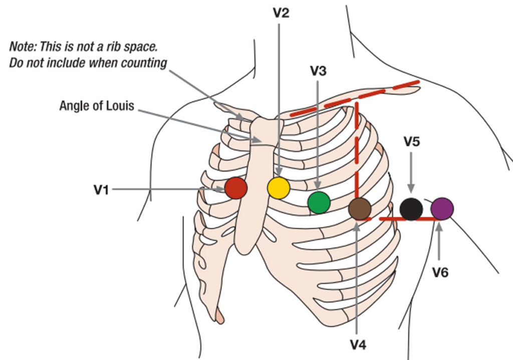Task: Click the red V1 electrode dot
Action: tap(235, 188)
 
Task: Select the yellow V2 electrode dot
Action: tap(279, 188)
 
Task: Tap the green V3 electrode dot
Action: tap(319, 203)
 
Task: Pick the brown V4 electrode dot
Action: tap(360, 209)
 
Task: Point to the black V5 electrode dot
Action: tap(411, 209)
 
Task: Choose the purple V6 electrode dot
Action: tap(442, 209)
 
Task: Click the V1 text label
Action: tap(101, 190)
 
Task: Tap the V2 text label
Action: tap(281, 13)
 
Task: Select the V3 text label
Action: tap(318, 71)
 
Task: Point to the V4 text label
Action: tap(358, 344)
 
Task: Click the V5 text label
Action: tap(412, 142)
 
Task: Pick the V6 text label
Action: tap(440, 272)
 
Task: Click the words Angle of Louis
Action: tap(97, 106)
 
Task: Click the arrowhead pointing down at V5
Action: tap(411, 189)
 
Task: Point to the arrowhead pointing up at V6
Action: tap(439, 227)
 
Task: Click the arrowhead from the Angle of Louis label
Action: tap(257, 140)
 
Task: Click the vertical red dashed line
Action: tap(357, 160)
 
